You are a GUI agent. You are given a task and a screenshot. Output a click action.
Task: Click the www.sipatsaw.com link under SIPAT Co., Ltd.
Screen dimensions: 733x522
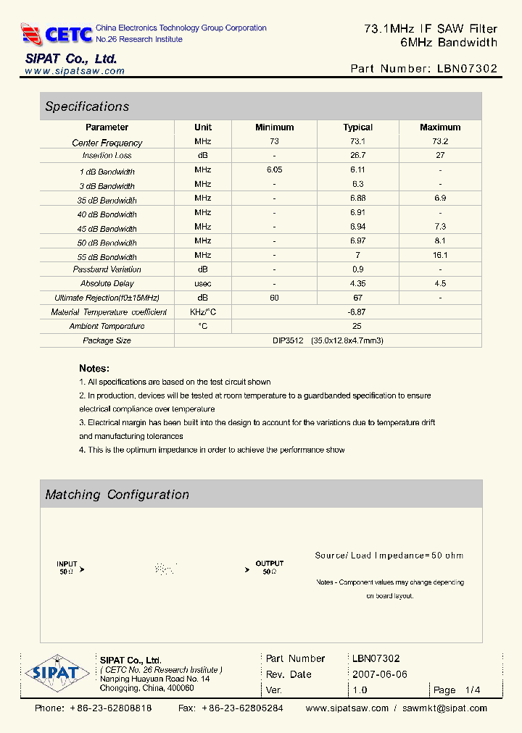coord(74,72)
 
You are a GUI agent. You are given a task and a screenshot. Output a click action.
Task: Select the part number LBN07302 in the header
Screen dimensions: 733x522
coord(468,69)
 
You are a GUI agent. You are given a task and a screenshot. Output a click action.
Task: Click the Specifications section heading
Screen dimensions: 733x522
coord(87,106)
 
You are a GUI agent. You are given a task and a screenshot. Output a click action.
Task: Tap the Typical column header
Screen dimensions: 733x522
coord(357,127)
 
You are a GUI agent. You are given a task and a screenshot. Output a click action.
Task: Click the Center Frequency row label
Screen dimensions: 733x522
coord(107,143)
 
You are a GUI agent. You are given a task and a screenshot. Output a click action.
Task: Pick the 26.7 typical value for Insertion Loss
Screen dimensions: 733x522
coord(357,156)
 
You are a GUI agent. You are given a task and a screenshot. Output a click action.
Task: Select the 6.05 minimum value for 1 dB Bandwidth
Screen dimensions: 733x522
coord(274,169)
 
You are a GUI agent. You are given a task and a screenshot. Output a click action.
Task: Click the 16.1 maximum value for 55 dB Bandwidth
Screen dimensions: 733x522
coord(440,255)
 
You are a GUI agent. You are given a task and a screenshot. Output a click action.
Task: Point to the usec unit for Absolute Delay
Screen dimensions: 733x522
coord(203,283)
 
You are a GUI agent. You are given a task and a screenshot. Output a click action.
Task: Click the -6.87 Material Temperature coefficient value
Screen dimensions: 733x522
coord(357,311)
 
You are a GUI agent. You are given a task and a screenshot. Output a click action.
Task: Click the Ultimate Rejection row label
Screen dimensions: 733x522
coord(107,298)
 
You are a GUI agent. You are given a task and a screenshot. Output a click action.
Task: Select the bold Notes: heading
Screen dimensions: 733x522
coord(94,368)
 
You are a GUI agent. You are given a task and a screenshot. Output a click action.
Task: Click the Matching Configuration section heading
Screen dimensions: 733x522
coord(117,495)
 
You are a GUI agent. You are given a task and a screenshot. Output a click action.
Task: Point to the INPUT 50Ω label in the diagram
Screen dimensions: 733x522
coord(67,567)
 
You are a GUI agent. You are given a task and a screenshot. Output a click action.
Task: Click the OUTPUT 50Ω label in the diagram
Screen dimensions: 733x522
coord(269,567)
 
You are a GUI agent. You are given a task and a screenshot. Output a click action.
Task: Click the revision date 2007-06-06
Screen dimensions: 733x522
coord(380,674)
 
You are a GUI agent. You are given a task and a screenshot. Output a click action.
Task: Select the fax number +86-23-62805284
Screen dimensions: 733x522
coord(242,708)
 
